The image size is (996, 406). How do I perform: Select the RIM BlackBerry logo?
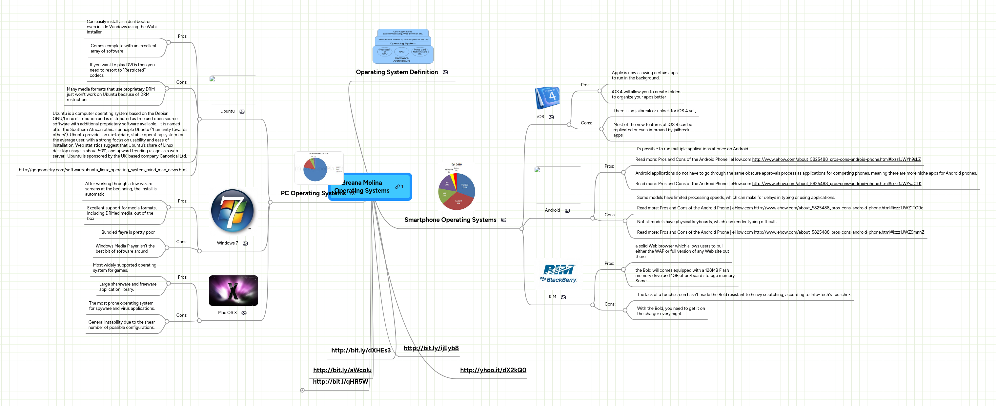[558, 274]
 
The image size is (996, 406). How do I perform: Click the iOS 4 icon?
[547, 97]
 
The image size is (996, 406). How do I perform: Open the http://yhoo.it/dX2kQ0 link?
[493, 370]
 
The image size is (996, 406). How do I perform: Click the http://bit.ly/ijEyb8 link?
[431, 348]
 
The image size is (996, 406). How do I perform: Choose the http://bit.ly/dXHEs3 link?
[361, 350]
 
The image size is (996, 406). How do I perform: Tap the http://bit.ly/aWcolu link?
[342, 370]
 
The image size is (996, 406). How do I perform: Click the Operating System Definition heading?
[397, 72]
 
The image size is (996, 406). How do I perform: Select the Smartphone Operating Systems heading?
[450, 220]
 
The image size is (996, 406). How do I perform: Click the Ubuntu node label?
[227, 111]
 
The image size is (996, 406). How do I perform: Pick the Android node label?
[552, 210]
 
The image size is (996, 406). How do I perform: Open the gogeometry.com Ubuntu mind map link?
[103, 170]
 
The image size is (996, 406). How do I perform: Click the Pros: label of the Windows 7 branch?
[182, 201]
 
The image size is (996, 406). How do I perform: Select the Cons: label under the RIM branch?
[610, 304]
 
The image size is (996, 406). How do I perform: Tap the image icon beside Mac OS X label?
[244, 313]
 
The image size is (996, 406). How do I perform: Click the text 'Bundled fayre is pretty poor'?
[128, 232]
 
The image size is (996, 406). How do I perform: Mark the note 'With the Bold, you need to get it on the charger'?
[670, 311]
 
